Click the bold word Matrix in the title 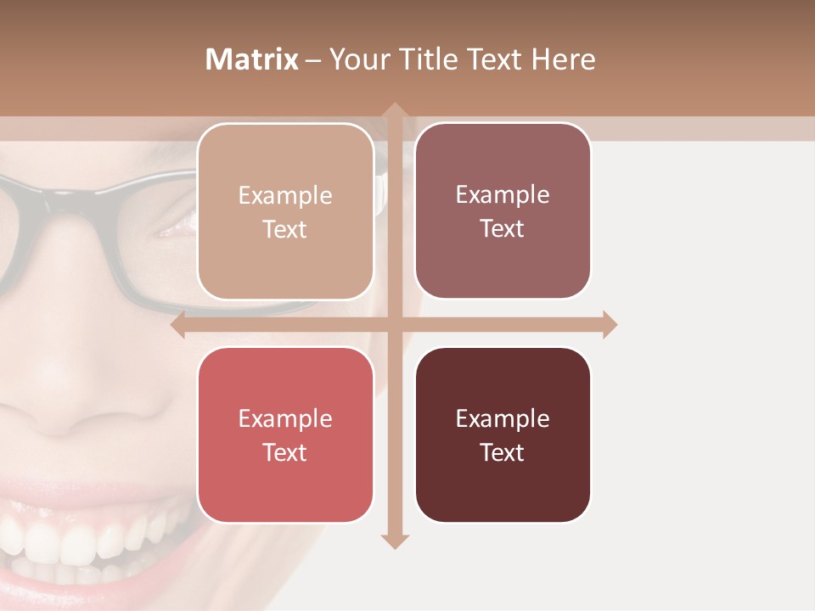252,59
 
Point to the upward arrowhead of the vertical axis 393,110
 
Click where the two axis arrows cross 393,325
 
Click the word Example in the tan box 285,196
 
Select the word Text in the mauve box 503,229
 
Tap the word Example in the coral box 285,419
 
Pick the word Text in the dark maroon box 503,453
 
